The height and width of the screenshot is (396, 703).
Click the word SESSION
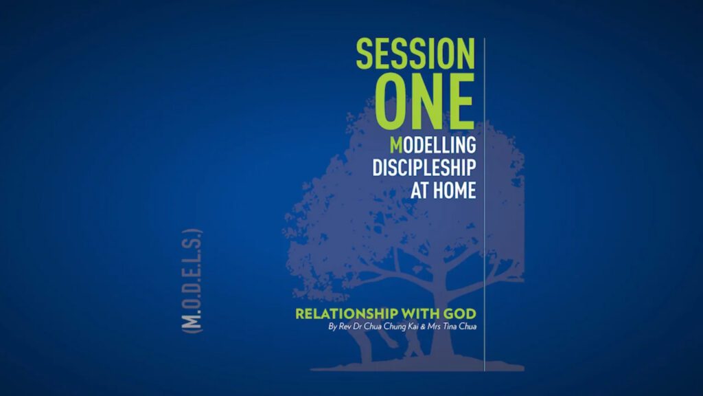click(x=415, y=54)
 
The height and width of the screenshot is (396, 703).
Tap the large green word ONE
click(x=424, y=102)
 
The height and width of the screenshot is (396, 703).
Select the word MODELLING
click(x=433, y=145)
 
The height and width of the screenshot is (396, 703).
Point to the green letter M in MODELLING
click(x=396, y=145)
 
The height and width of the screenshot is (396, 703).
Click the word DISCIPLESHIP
click(x=424, y=168)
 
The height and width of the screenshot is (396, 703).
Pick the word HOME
click(x=454, y=190)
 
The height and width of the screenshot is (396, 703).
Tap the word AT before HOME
click(x=419, y=190)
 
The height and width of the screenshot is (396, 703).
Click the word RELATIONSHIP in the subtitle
click(x=346, y=313)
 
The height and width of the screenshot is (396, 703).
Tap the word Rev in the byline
click(x=345, y=327)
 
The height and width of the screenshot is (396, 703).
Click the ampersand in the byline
click(x=423, y=327)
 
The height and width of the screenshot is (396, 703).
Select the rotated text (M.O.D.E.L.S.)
click(x=192, y=281)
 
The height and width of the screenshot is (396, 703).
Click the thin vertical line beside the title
click(x=485, y=205)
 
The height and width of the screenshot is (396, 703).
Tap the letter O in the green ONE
click(x=391, y=102)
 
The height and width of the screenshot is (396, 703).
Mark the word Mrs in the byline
click(x=434, y=327)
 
